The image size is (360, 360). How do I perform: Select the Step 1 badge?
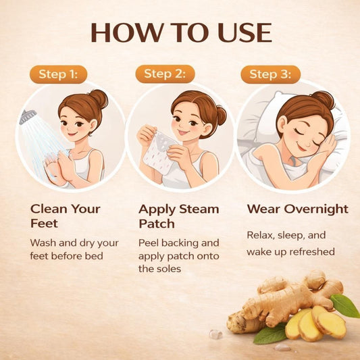pos(59,74)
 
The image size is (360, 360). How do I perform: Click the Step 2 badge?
pos(165,74)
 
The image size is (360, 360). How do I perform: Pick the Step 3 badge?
pos(270,74)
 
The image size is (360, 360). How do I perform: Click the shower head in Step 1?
pos(27,116)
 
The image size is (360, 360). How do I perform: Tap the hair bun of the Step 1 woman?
pos(99,98)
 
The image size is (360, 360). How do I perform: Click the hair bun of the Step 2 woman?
pos(222,115)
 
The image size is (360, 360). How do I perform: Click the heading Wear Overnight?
pos(298,209)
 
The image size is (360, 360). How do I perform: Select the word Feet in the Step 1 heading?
pos(44,224)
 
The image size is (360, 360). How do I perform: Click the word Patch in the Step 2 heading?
pos(157,224)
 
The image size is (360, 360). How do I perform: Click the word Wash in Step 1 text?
pos(43,242)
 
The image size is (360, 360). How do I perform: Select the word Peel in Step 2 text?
pos(149,242)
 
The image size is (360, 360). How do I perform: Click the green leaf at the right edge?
pos(345,305)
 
